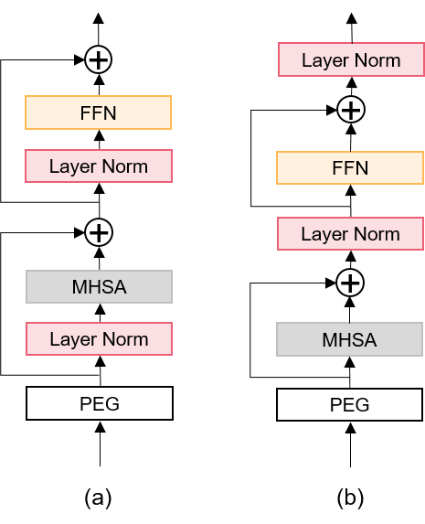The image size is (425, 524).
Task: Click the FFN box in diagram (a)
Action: point(98,112)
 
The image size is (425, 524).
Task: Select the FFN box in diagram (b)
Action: point(350,167)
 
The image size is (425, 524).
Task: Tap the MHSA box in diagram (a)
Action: point(100,287)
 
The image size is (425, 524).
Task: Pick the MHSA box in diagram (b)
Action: point(349,339)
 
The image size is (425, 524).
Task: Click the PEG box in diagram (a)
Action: point(100,403)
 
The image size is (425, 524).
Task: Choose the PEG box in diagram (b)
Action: point(349,405)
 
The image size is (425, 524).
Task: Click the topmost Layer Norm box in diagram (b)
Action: point(351,59)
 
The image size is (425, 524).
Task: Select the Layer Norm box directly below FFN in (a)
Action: point(99,166)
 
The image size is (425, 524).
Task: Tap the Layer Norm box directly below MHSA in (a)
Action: point(100,339)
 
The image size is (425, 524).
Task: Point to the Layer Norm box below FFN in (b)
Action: point(350,233)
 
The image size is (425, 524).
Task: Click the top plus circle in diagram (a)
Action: point(98,59)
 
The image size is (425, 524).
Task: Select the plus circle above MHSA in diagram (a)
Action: point(99,232)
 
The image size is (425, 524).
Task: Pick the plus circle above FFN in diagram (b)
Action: point(351,110)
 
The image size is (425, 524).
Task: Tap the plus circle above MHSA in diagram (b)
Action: point(350,283)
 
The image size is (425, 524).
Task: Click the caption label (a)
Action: point(98,497)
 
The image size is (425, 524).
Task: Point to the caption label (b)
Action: point(350,497)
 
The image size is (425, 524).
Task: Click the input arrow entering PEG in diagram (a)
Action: point(100,444)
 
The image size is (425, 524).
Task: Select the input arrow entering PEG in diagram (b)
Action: point(350,444)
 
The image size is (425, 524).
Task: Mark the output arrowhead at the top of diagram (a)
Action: point(98,18)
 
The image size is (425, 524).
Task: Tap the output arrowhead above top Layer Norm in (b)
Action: point(352,18)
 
